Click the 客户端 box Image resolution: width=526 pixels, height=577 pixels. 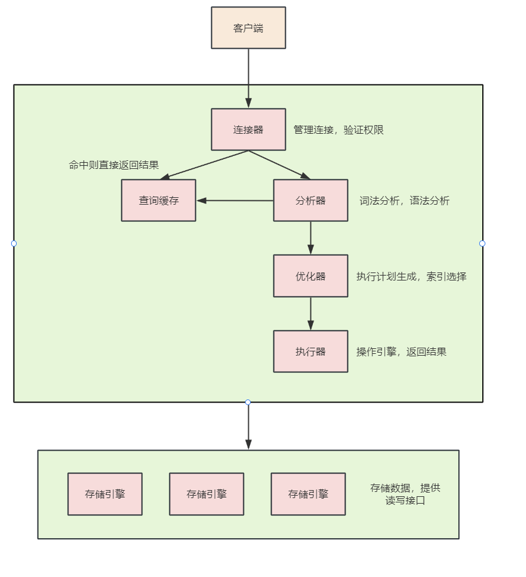[x=248, y=28]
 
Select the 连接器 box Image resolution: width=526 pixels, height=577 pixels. [x=248, y=129]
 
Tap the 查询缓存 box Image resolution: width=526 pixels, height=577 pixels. [x=158, y=200]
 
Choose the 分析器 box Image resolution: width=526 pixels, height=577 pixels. [x=310, y=200]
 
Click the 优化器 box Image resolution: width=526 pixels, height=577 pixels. [x=310, y=276]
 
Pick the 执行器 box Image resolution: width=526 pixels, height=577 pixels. [x=310, y=351]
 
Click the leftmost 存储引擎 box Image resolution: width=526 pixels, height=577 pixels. [x=105, y=494]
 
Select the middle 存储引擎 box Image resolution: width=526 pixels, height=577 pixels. [x=206, y=494]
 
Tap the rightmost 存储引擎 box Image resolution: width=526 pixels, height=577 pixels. [x=308, y=494]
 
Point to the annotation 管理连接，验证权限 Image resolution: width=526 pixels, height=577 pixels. [x=339, y=130]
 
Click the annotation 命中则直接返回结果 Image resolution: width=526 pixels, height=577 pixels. [x=113, y=165]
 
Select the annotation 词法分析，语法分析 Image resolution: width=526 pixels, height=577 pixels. [x=404, y=200]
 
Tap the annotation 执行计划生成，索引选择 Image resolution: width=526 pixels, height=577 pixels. [x=411, y=276]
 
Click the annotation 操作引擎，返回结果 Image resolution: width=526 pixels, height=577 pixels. [x=402, y=352]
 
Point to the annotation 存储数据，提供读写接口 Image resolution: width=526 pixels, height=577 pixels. [x=405, y=494]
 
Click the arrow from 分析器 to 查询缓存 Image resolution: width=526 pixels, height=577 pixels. [x=235, y=200]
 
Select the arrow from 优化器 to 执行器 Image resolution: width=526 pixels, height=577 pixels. [x=310, y=314]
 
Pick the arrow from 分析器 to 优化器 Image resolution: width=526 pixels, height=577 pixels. [x=310, y=238]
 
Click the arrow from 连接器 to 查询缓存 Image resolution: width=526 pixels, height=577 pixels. [x=204, y=165]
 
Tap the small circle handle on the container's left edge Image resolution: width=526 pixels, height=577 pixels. [x=14, y=243]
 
